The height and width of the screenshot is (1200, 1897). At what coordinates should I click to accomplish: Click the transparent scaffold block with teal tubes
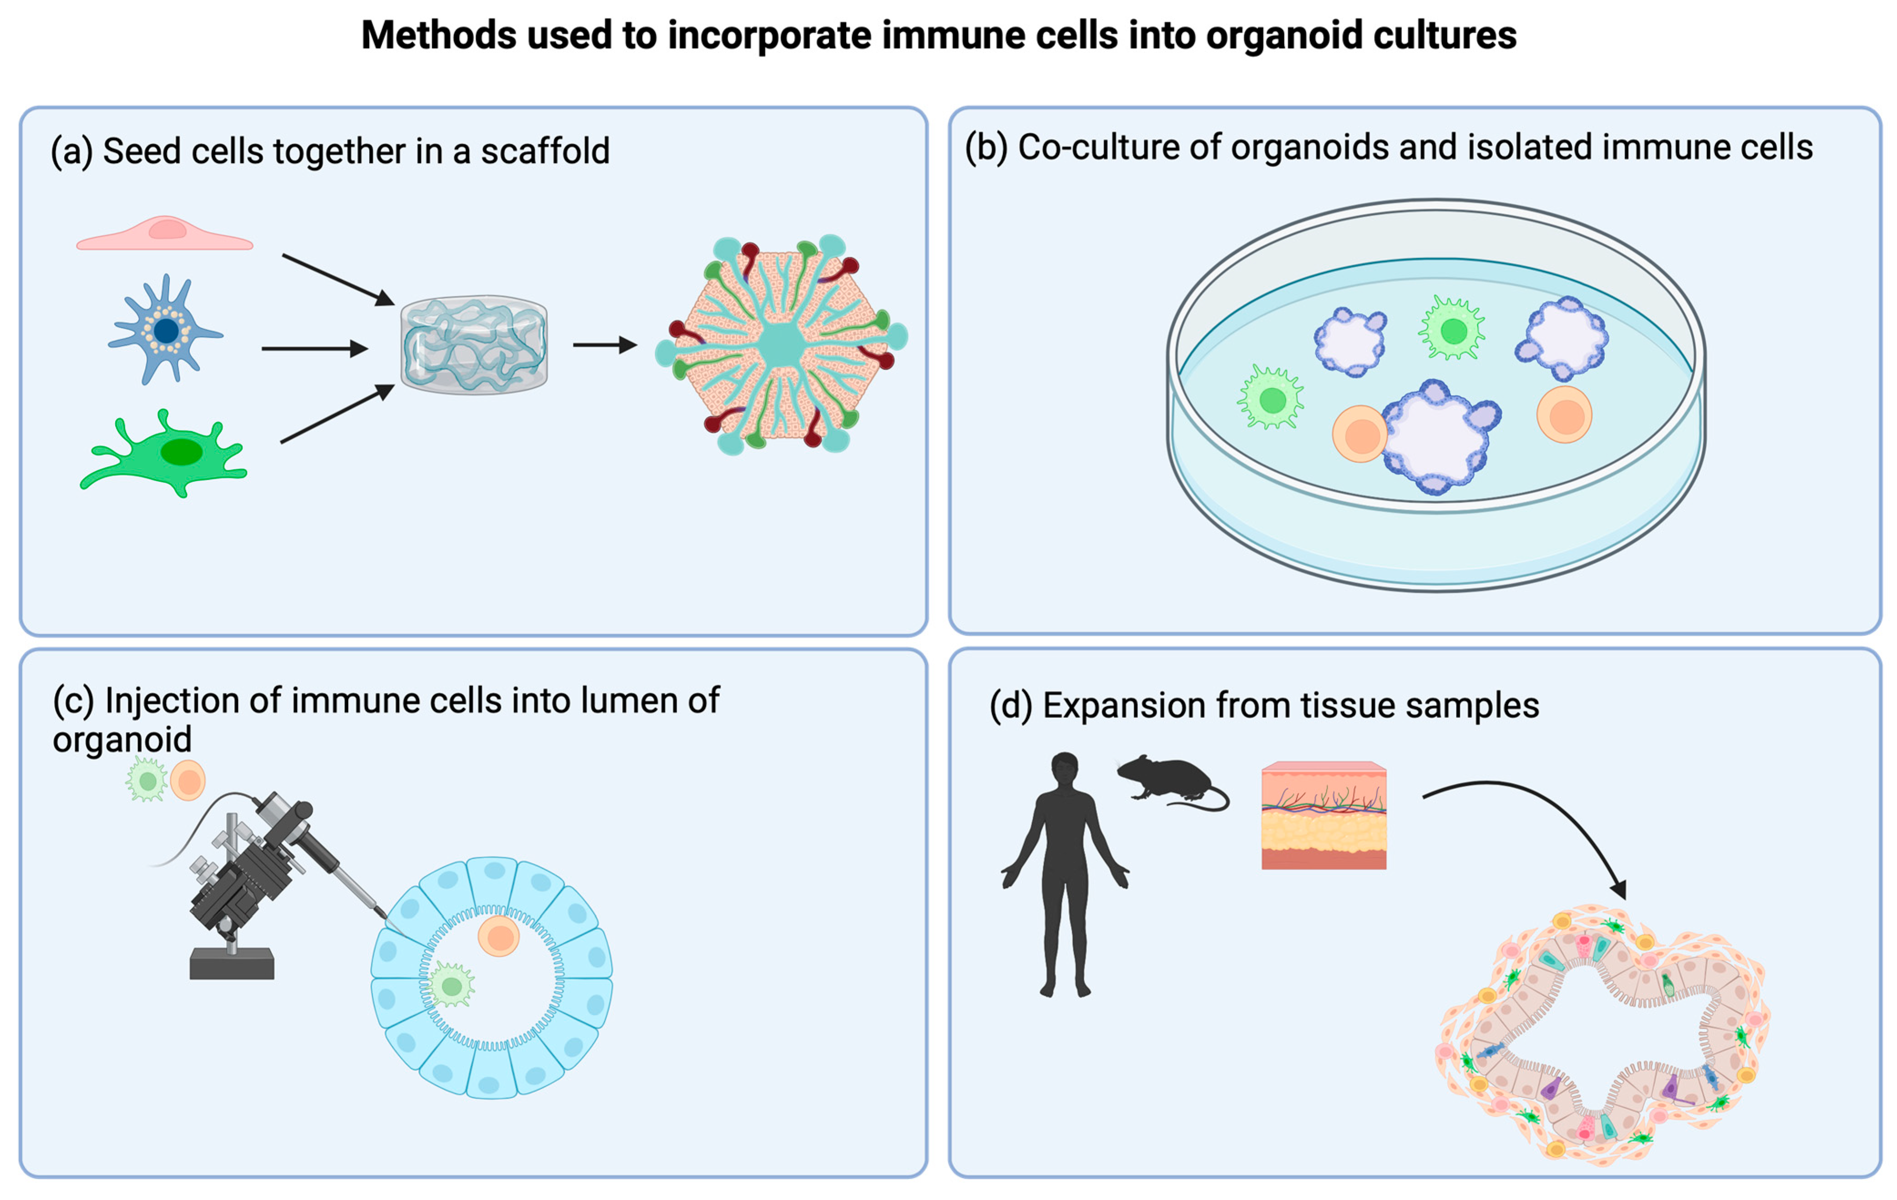tap(473, 345)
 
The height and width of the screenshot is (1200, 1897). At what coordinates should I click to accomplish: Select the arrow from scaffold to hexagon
tap(604, 345)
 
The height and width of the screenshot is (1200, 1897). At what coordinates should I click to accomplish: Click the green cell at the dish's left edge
tap(1271, 399)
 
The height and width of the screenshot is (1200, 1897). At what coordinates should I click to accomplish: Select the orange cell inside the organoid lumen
tap(499, 937)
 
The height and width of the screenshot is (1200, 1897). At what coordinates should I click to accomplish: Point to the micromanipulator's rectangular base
tap(232, 964)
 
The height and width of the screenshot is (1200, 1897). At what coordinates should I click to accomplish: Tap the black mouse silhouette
tap(1168, 780)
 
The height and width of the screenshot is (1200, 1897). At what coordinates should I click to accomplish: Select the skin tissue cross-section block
tap(1324, 815)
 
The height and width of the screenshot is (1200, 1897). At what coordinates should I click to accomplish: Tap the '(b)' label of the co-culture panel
tap(985, 147)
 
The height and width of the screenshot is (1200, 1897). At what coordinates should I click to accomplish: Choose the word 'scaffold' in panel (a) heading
tap(545, 151)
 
